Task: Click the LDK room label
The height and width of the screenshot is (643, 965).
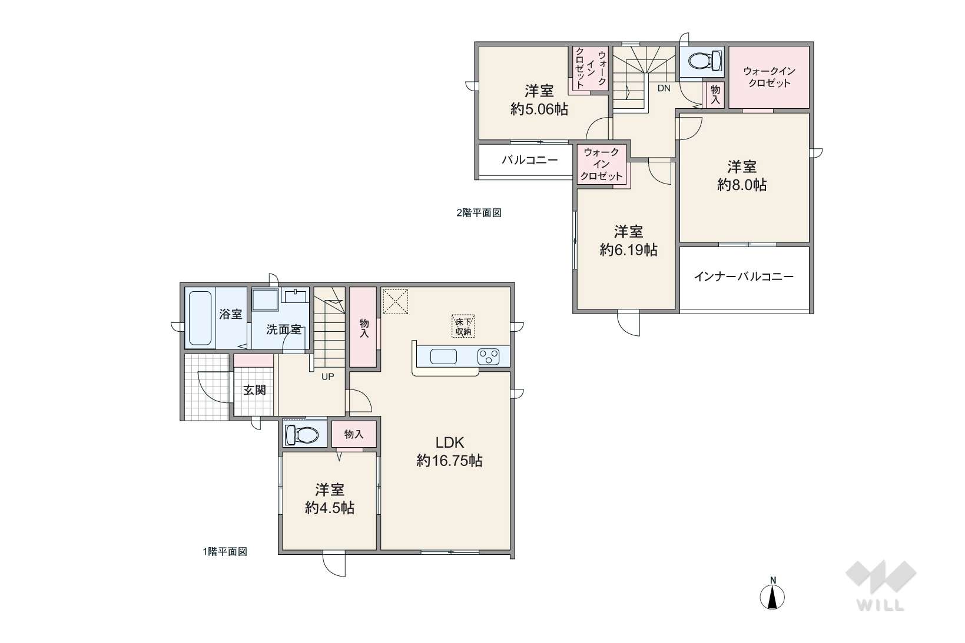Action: tap(449, 442)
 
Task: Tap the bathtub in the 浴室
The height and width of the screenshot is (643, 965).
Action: tap(200, 318)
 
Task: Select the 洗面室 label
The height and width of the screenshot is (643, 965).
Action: tap(283, 329)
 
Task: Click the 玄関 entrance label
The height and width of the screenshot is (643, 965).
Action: tap(254, 390)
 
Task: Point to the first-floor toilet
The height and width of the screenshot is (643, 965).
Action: tap(301, 435)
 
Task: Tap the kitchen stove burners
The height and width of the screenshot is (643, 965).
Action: tap(488, 357)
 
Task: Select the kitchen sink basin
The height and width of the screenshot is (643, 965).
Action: tap(443, 357)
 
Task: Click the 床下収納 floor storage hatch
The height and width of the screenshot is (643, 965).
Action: tap(463, 327)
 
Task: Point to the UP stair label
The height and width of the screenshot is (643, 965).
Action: tap(327, 377)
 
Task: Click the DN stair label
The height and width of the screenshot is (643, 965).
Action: tap(664, 88)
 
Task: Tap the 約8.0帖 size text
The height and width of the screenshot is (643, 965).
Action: tap(742, 185)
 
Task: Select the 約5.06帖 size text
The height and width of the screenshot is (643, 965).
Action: tap(539, 109)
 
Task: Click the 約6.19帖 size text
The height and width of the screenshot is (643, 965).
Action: tap(629, 250)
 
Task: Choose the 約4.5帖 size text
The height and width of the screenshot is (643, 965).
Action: tap(330, 508)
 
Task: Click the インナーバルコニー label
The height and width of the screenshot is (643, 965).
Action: tap(744, 276)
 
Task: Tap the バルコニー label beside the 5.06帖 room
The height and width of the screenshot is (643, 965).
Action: tap(529, 160)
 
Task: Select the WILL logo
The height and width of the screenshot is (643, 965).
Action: tap(881, 586)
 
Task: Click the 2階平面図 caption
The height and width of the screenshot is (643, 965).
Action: tap(479, 212)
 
